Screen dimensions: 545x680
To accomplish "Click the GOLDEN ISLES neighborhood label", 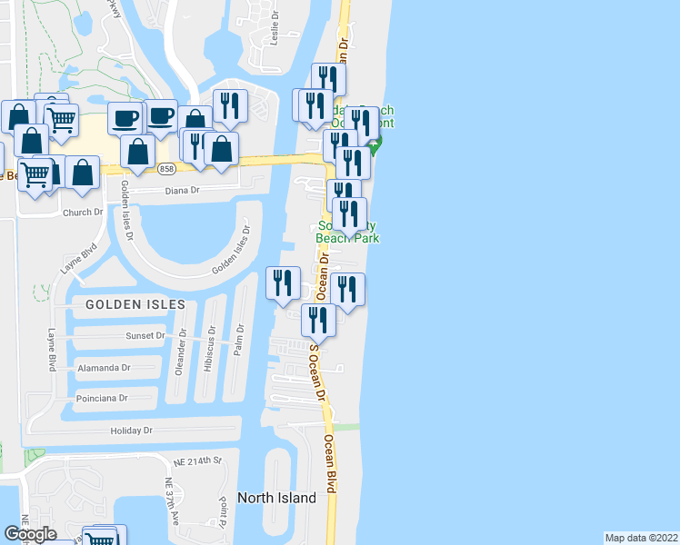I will pos(137,304).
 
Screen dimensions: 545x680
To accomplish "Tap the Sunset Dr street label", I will pos(145,335).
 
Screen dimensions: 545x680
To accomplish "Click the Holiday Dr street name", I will pos(132,430).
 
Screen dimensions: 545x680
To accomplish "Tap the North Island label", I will pos(276,498).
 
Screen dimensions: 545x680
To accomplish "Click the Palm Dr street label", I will pos(239,342).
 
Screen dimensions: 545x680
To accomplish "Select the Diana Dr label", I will pos(182,191).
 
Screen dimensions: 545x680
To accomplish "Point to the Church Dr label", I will pos(83,213).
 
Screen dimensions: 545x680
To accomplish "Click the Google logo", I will pos(30,534).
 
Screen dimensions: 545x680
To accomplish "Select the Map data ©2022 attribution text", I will pos(641,538).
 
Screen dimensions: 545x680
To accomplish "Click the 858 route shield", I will pos(165,168).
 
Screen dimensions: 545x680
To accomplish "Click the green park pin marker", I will pos(374,144).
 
